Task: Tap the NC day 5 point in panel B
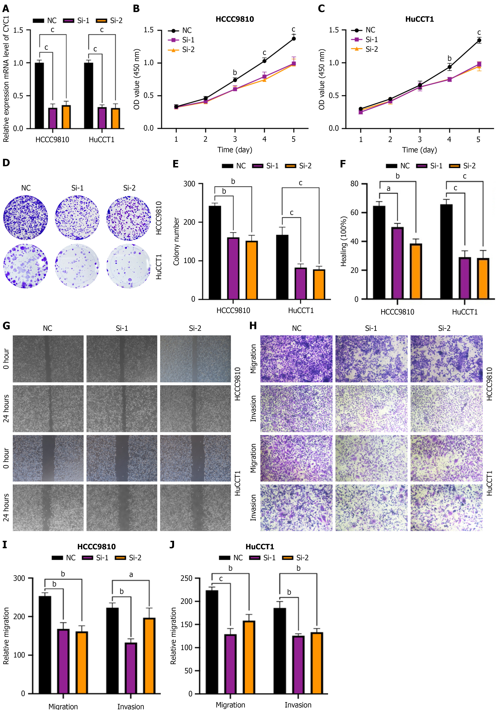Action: click(294, 39)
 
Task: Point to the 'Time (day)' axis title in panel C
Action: click(419, 150)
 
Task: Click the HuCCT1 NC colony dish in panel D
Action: click(26, 266)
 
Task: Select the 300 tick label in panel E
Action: click(189, 184)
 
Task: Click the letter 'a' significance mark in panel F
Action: click(388, 188)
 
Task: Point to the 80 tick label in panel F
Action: click(354, 184)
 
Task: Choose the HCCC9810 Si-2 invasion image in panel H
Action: click(446, 408)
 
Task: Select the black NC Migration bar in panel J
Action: click(212, 642)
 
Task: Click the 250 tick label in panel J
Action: click(186, 578)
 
